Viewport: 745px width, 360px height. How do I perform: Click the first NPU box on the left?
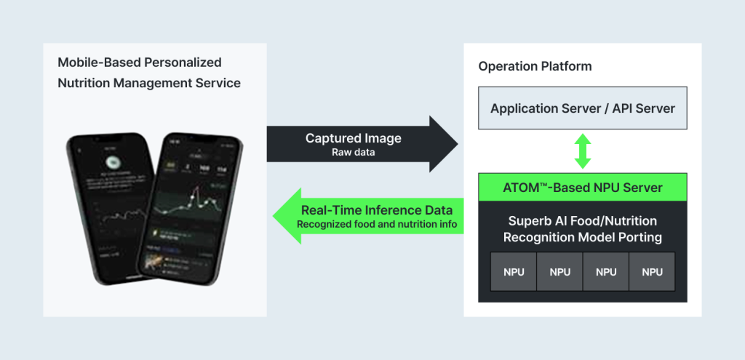pyautogui.click(x=514, y=272)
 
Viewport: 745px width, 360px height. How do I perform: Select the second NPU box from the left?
pyautogui.click(x=560, y=272)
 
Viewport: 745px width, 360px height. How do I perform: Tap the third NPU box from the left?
pyautogui.click(x=606, y=272)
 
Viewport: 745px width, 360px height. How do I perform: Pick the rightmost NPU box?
pyautogui.click(x=653, y=272)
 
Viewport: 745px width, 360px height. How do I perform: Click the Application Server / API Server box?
pyautogui.click(x=583, y=109)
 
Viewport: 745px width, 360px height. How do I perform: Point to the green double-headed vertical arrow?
pyautogui.click(x=583, y=151)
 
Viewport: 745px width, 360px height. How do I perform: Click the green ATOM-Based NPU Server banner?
pyautogui.click(x=583, y=188)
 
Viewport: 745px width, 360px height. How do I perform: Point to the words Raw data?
pyautogui.click(x=353, y=153)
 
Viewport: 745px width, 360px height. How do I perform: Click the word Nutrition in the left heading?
pyautogui.click(x=85, y=83)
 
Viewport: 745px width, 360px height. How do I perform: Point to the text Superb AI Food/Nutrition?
pyautogui.click(x=583, y=221)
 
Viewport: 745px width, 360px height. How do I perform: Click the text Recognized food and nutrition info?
pyautogui.click(x=377, y=225)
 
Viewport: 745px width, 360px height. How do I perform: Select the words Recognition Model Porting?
pyautogui.click(x=583, y=238)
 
